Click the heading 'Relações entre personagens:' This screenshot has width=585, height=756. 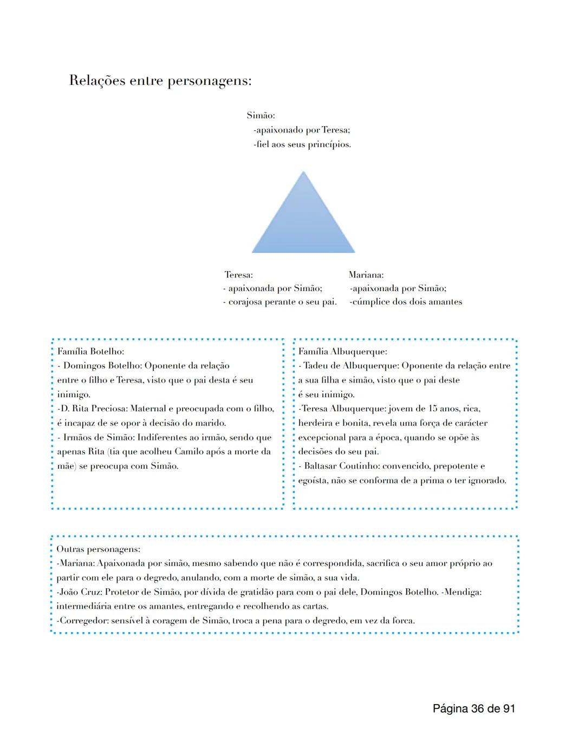point(160,81)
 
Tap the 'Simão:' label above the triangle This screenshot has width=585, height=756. point(261,115)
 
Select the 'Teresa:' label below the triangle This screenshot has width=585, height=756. point(239,275)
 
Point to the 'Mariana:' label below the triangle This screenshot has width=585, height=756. point(366,275)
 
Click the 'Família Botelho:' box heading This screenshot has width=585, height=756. point(90,351)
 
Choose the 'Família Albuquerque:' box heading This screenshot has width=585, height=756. point(342,352)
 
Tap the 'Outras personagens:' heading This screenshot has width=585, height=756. point(98,549)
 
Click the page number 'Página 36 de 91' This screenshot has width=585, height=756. point(474,708)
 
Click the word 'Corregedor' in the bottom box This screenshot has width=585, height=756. point(83,621)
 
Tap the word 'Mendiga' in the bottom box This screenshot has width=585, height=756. point(462,592)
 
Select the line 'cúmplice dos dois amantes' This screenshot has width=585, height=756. point(407,302)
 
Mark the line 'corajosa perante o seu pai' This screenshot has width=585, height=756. point(282,302)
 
